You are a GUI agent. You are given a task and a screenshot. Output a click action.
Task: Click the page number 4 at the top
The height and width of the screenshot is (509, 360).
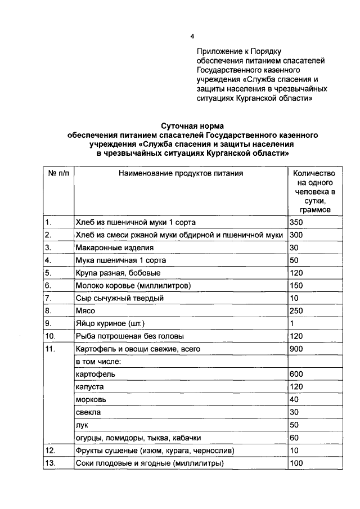pos(192,37)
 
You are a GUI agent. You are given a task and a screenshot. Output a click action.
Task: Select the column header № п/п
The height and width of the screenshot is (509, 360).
pos(59,173)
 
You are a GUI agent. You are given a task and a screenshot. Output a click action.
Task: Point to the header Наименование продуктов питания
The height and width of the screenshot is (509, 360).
pos(181,173)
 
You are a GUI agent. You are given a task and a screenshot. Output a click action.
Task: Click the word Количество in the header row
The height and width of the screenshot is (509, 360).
pos(314,173)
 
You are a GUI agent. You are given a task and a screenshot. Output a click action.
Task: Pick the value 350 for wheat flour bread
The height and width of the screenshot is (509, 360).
pos(296,222)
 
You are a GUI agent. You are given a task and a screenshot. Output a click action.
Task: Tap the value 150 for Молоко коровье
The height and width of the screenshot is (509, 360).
pos(296,286)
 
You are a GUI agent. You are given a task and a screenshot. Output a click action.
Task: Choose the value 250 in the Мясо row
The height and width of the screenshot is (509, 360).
pos(296,311)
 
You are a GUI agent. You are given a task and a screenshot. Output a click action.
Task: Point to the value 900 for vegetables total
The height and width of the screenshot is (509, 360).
pos(296,349)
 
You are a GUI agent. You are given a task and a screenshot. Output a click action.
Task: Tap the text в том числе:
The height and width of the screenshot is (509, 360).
pos(97,362)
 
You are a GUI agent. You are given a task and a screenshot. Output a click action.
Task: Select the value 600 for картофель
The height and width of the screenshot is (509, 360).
pos(296,375)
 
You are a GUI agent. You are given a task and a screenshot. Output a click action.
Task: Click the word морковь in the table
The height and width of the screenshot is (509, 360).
pos(91,400)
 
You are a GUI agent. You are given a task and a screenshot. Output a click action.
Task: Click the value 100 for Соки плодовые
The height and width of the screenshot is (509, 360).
pos(296,463)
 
